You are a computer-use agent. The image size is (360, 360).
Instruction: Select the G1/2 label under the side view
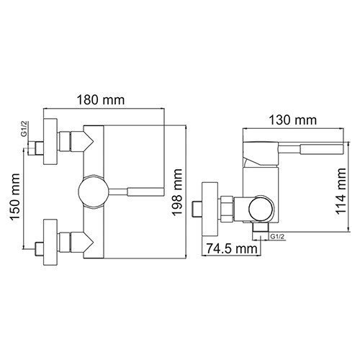(x=276, y=237)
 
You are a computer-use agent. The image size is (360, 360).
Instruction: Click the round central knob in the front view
(x=93, y=192)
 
